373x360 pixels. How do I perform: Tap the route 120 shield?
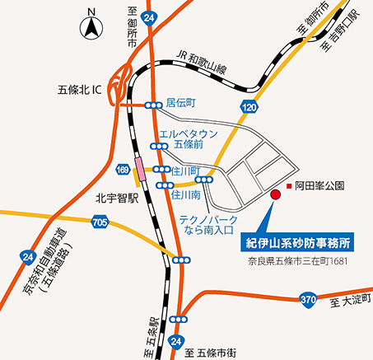pyautogui.click(x=248, y=106)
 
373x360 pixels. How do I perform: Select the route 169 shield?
pyautogui.click(x=123, y=170)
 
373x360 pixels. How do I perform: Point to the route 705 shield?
pyautogui.click(x=100, y=222)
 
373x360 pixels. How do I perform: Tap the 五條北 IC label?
pyautogui.click(x=79, y=88)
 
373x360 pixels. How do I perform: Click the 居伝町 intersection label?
pyautogui.click(x=180, y=104)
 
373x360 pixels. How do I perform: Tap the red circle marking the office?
pyautogui.click(x=276, y=194)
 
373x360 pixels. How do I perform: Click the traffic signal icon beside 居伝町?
pyautogui.click(x=153, y=105)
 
